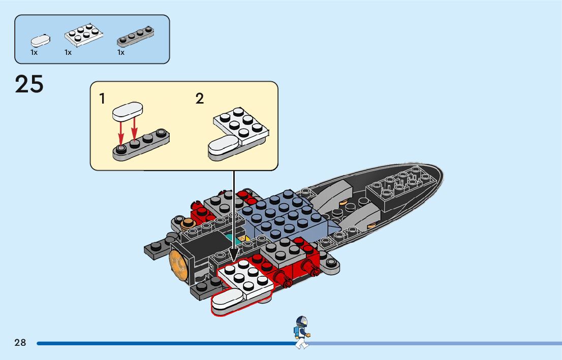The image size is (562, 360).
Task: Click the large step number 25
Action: coord(29,84)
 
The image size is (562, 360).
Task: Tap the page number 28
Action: coord(20,343)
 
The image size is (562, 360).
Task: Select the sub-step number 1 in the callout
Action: coord(103,99)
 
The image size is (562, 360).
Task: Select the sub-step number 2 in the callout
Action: coord(200,99)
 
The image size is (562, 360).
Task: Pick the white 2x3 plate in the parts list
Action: coord(84,36)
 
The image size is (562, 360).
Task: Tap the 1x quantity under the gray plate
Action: coord(121,52)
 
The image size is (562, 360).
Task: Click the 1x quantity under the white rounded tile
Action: coord(34,52)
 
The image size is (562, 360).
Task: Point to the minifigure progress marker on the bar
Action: coord(301,333)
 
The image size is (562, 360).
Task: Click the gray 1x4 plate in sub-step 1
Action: coord(141,144)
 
